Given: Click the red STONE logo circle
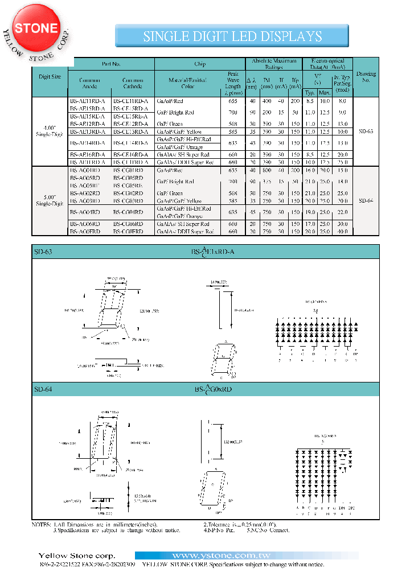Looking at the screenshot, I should click(36, 28).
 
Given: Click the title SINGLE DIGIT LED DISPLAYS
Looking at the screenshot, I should click(232, 36).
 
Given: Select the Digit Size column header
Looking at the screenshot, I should click(50, 76).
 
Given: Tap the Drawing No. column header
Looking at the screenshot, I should click(366, 77).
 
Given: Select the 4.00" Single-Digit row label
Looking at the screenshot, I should click(50, 131).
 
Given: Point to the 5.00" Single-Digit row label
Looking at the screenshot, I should click(50, 201).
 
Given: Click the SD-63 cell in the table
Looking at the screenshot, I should click(366, 131).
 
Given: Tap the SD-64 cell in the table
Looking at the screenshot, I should click(366, 201).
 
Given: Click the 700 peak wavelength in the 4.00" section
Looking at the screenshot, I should click(233, 113).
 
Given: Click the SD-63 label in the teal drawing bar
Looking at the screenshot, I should click(43, 251).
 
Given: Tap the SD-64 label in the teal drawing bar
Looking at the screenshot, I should click(43, 389).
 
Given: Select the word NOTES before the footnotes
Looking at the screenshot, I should click(42, 524).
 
